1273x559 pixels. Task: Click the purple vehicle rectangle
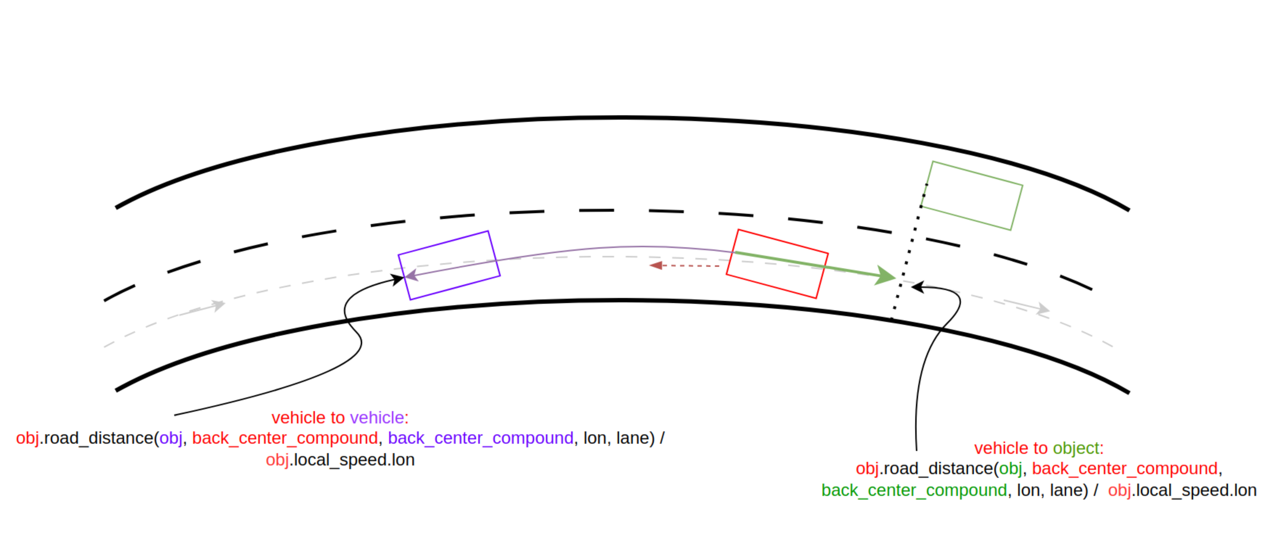click(449, 265)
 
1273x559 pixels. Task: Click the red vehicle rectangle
click(777, 264)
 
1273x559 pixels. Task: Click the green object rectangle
click(971, 195)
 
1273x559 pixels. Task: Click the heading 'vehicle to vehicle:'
click(340, 418)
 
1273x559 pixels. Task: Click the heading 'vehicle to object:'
click(1039, 448)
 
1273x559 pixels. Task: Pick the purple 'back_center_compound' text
click(480, 438)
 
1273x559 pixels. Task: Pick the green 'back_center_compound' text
click(914, 490)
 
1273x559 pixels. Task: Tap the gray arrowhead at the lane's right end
click(1043, 310)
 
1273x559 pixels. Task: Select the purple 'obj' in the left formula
click(171, 438)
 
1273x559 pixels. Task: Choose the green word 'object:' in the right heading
click(1078, 448)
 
